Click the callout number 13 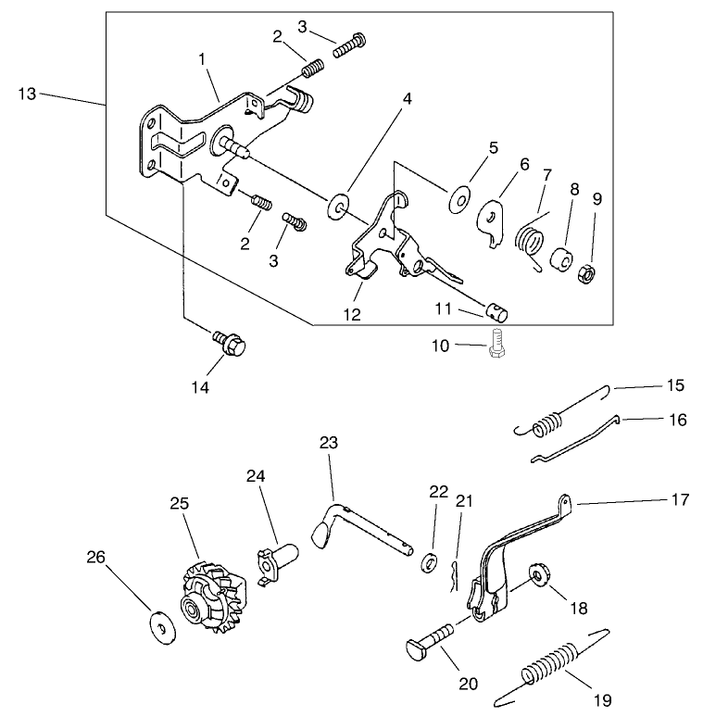pos(29,93)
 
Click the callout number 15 pos(677,384)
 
